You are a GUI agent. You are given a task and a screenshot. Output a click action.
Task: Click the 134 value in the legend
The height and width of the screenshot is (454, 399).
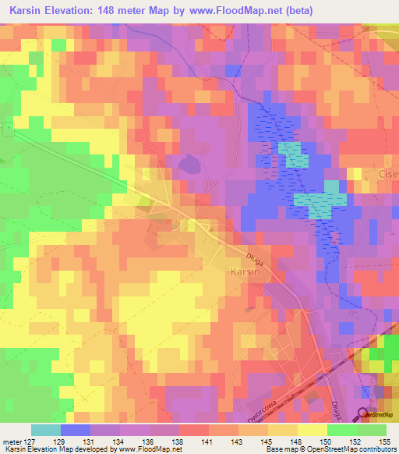[120, 441]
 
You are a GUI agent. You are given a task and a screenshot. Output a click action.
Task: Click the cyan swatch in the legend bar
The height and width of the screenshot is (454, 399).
[45, 430]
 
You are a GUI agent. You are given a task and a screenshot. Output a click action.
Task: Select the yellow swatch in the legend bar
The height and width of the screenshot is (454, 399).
[312, 430]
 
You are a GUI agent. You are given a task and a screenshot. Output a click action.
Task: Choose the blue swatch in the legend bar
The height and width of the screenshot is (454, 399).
[76, 430]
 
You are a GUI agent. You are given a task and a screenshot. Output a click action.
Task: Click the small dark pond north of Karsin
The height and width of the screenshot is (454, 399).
[188, 165]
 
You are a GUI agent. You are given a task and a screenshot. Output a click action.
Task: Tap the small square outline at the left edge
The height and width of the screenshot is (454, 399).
[6, 130]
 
